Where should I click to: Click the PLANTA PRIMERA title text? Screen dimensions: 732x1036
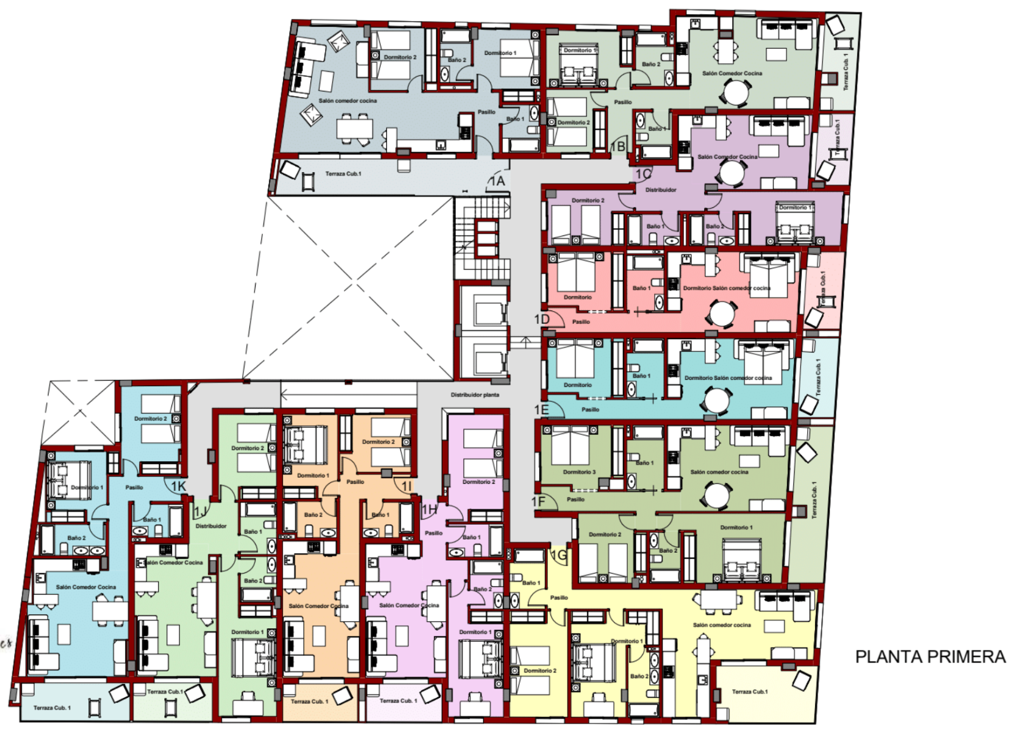point(930,657)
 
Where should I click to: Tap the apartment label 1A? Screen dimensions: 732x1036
point(497,181)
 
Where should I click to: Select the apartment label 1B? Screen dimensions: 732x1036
point(618,146)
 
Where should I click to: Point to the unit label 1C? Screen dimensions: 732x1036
point(643,174)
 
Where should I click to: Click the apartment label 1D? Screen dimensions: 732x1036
point(542,319)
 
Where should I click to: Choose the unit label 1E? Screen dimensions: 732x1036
point(542,409)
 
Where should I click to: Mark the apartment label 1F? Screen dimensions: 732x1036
point(538,501)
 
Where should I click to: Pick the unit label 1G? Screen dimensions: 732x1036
point(559,555)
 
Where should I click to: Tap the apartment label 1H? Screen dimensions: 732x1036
point(430,509)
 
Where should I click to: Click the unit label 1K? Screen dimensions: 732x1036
point(178,486)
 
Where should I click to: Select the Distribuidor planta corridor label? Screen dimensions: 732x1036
point(475,395)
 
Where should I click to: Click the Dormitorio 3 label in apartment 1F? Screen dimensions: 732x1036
point(579,472)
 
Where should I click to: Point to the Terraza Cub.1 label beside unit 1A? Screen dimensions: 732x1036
point(343,174)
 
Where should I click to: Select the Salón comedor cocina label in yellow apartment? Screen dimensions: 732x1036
point(722,625)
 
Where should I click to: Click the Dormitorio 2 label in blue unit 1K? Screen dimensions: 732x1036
point(150,418)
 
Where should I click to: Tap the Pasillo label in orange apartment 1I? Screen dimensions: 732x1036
point(355,482)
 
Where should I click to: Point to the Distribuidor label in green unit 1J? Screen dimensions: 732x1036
point(211,526)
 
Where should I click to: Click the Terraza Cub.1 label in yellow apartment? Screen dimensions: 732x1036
point(750,692)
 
